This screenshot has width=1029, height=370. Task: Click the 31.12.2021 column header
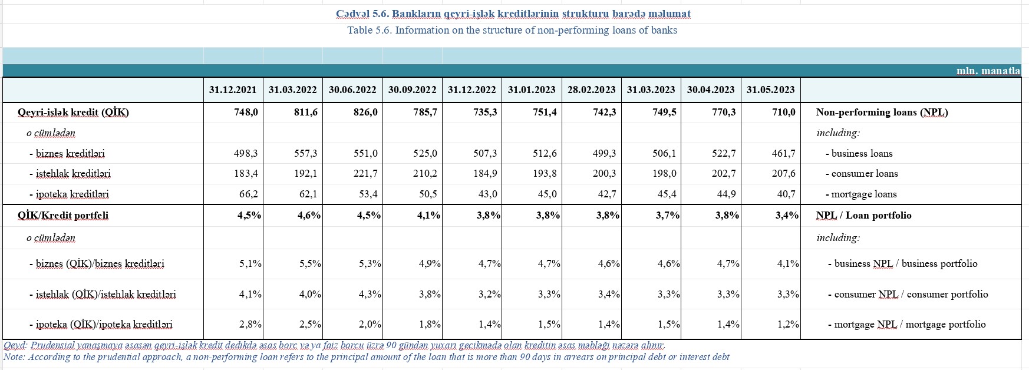point(233,90)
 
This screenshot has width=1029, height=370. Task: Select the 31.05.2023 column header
point(770,90)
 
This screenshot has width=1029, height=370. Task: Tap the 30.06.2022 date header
point(352,90)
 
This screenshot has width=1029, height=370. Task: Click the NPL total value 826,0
point(365,112)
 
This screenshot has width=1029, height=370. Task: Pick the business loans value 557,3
point(306,153)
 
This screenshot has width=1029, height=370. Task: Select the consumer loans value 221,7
point(365,173)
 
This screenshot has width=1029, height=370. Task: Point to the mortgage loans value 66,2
point(246,194)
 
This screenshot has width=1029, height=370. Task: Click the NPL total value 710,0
point(783,112)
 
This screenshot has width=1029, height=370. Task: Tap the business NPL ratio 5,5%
point(310,263)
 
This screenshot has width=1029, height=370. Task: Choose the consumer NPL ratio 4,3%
point(370,294)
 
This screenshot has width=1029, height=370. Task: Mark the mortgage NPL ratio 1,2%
point(787,324)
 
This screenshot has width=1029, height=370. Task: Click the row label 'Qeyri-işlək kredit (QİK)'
point(73,112)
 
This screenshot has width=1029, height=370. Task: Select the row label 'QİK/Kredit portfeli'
point(63,215)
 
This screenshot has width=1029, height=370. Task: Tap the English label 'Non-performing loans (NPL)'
point(882,112)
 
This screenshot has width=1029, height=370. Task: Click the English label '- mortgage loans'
point(861,194)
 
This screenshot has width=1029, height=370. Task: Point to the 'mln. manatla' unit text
point(988,71)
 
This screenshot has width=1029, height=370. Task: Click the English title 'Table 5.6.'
point(370,30)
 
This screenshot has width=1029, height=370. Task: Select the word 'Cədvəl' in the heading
point(352,14)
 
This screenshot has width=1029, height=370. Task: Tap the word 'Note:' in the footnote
point(14,356)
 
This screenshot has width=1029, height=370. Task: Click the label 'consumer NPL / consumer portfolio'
point(908,294)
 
